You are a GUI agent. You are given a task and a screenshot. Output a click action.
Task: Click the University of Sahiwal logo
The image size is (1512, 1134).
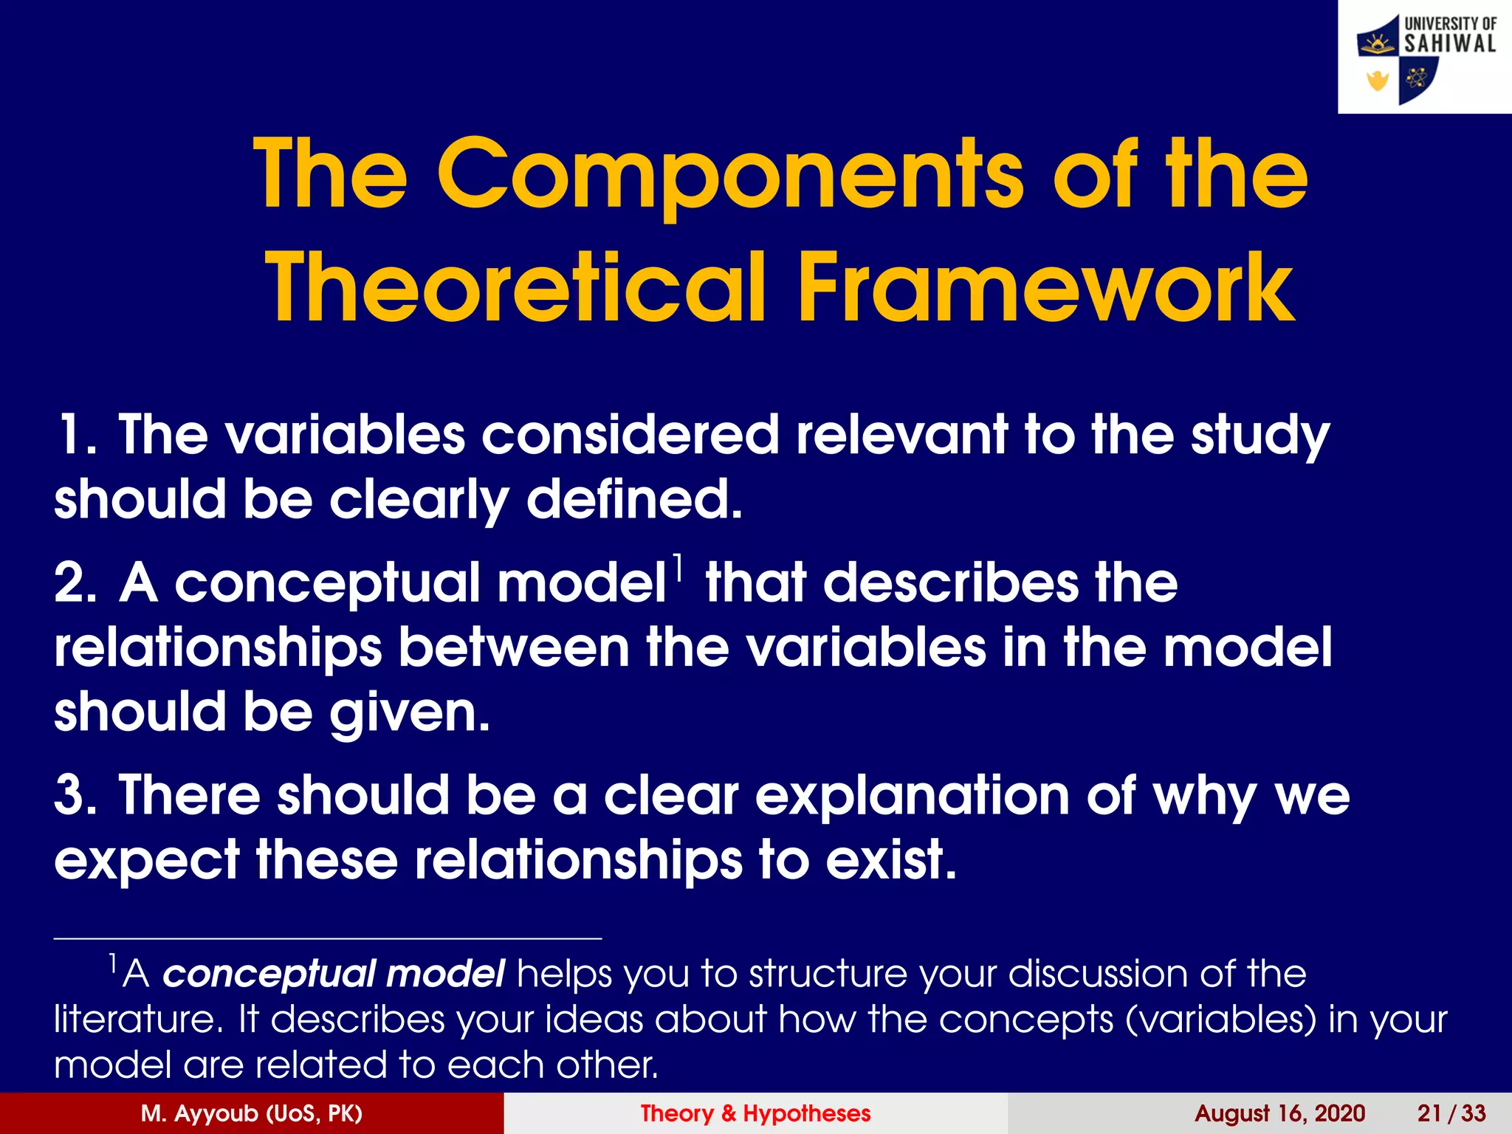tap(1425, 58)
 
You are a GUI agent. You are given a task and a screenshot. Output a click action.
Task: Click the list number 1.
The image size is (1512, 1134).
tap(74, 435)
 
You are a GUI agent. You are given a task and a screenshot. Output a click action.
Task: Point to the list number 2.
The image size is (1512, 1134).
tap(74, 583)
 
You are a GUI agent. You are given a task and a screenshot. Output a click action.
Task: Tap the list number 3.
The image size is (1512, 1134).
tap(74, 796)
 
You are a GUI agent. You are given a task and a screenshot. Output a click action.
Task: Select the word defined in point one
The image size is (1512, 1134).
tap(633, 500)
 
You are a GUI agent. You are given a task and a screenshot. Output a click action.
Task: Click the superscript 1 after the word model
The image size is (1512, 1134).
tap(678, 567)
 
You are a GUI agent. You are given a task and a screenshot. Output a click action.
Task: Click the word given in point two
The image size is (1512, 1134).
tap(409, 713)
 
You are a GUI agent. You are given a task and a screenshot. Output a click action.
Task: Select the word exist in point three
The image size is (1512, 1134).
tap(890, 860)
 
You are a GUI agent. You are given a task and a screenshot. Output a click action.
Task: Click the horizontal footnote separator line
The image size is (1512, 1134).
tap(328, 938)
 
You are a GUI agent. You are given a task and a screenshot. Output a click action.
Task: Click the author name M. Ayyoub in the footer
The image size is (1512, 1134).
tap(251, 1113)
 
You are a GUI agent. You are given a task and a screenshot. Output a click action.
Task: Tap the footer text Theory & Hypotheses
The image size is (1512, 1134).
tap(755, 1113)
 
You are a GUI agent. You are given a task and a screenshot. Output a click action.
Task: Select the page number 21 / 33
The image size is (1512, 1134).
tap(1451, 1113)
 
